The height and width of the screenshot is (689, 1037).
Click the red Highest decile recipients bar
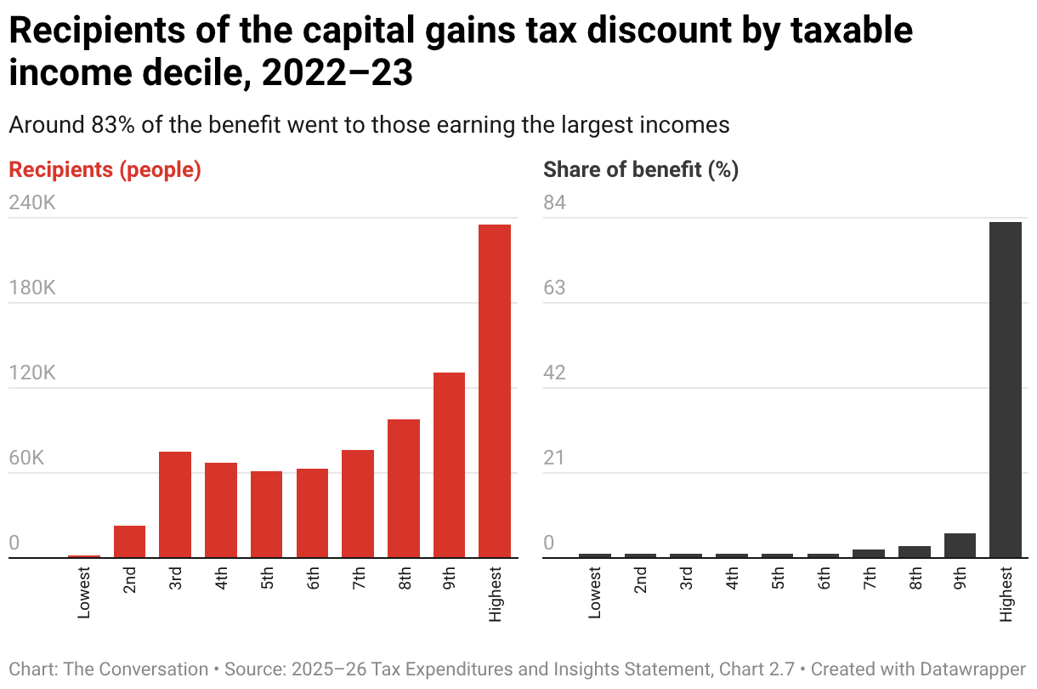(x=495, y=391)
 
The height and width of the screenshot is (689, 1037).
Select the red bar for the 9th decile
(x=449, y=465)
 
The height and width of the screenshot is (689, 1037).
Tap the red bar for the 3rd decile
(x=175, y=504)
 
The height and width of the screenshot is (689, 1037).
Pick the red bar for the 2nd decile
(x=129, y=542)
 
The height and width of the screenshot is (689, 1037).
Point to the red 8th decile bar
(x=404, y=488)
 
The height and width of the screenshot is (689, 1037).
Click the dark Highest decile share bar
(x=1006, y=390)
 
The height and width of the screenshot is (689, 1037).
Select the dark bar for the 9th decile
(x=960, y=545)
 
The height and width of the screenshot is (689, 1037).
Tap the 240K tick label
(x=31, y=203)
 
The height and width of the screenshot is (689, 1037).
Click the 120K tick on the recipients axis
(x=31, y=373)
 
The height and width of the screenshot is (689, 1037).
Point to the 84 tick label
(x=555, y=203)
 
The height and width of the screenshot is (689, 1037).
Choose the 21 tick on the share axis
(x=554, y=458)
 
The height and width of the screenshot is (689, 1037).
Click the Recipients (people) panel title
(x=105, y=169)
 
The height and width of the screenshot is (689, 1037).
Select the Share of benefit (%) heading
(x=641, y=169)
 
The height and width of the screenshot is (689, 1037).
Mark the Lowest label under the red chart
(x=84, y=594)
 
